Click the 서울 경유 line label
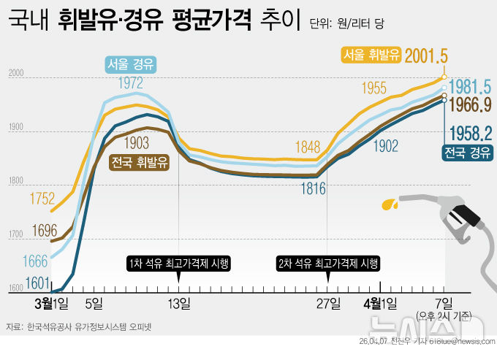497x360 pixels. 130,64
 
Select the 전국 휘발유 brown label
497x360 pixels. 139,161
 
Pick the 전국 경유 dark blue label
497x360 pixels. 466,153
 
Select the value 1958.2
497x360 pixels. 470,133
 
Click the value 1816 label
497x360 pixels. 312,188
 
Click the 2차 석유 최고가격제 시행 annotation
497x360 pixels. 329,263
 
